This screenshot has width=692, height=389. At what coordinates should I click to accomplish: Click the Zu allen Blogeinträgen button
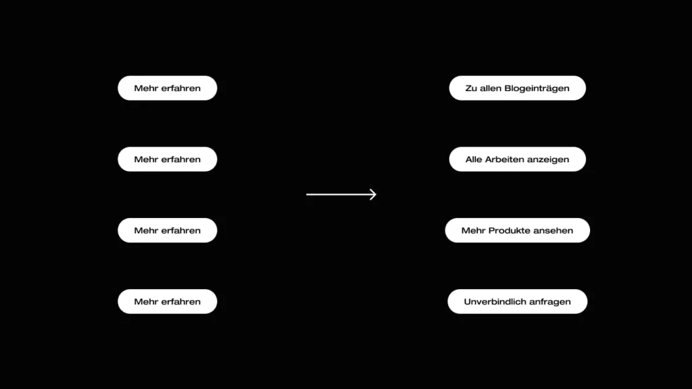pos(517,88)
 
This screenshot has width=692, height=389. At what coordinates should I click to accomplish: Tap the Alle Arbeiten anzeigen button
pos(517,159)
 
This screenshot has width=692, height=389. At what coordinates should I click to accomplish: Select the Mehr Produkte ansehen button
pos(517,230)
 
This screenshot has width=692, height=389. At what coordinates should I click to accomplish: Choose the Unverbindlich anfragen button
pos(517,302)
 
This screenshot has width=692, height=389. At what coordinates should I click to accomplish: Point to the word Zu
pos(471,88)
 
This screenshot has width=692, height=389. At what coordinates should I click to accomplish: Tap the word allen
pos(491,88)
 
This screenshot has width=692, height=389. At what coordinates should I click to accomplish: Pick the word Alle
pos(474,159)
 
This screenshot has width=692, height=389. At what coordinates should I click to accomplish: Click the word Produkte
pos(510,230)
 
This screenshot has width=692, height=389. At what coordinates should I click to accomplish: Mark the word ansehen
pos(553,230)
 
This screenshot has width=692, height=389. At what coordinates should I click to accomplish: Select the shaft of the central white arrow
pos(341,194)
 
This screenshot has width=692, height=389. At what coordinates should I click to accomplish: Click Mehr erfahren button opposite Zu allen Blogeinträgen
pos(168,88)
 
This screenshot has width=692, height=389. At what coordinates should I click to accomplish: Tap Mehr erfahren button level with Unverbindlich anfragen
pos(168,302)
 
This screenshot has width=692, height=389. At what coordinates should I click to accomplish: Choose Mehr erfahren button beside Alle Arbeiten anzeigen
pos(168,159)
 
